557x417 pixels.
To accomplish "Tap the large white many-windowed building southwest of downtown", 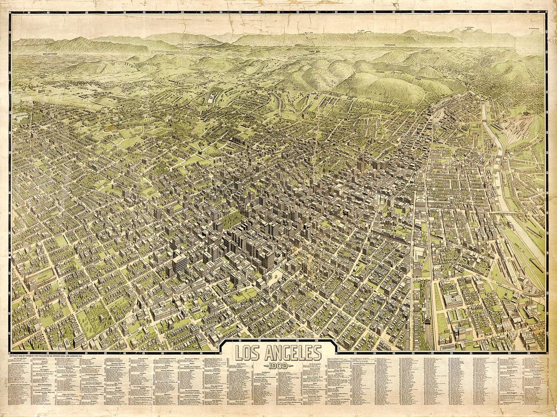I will coord(179,265).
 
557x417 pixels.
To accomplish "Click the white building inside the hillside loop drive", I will coord(212,98).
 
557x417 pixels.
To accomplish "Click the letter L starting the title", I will coord(239,353).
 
